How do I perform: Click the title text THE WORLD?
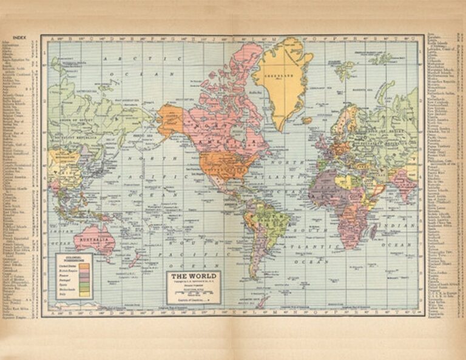click(x=193, y=276)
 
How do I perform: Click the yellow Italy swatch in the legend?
click(x=84, y=294)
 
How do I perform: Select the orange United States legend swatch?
click(x=84, y=266)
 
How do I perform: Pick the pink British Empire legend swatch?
click(x=84, y=271)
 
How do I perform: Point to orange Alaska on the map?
click(x=171, y=120)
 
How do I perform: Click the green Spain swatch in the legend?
click(x=84, y=283)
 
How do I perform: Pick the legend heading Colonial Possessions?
click(x=73, y=259)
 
